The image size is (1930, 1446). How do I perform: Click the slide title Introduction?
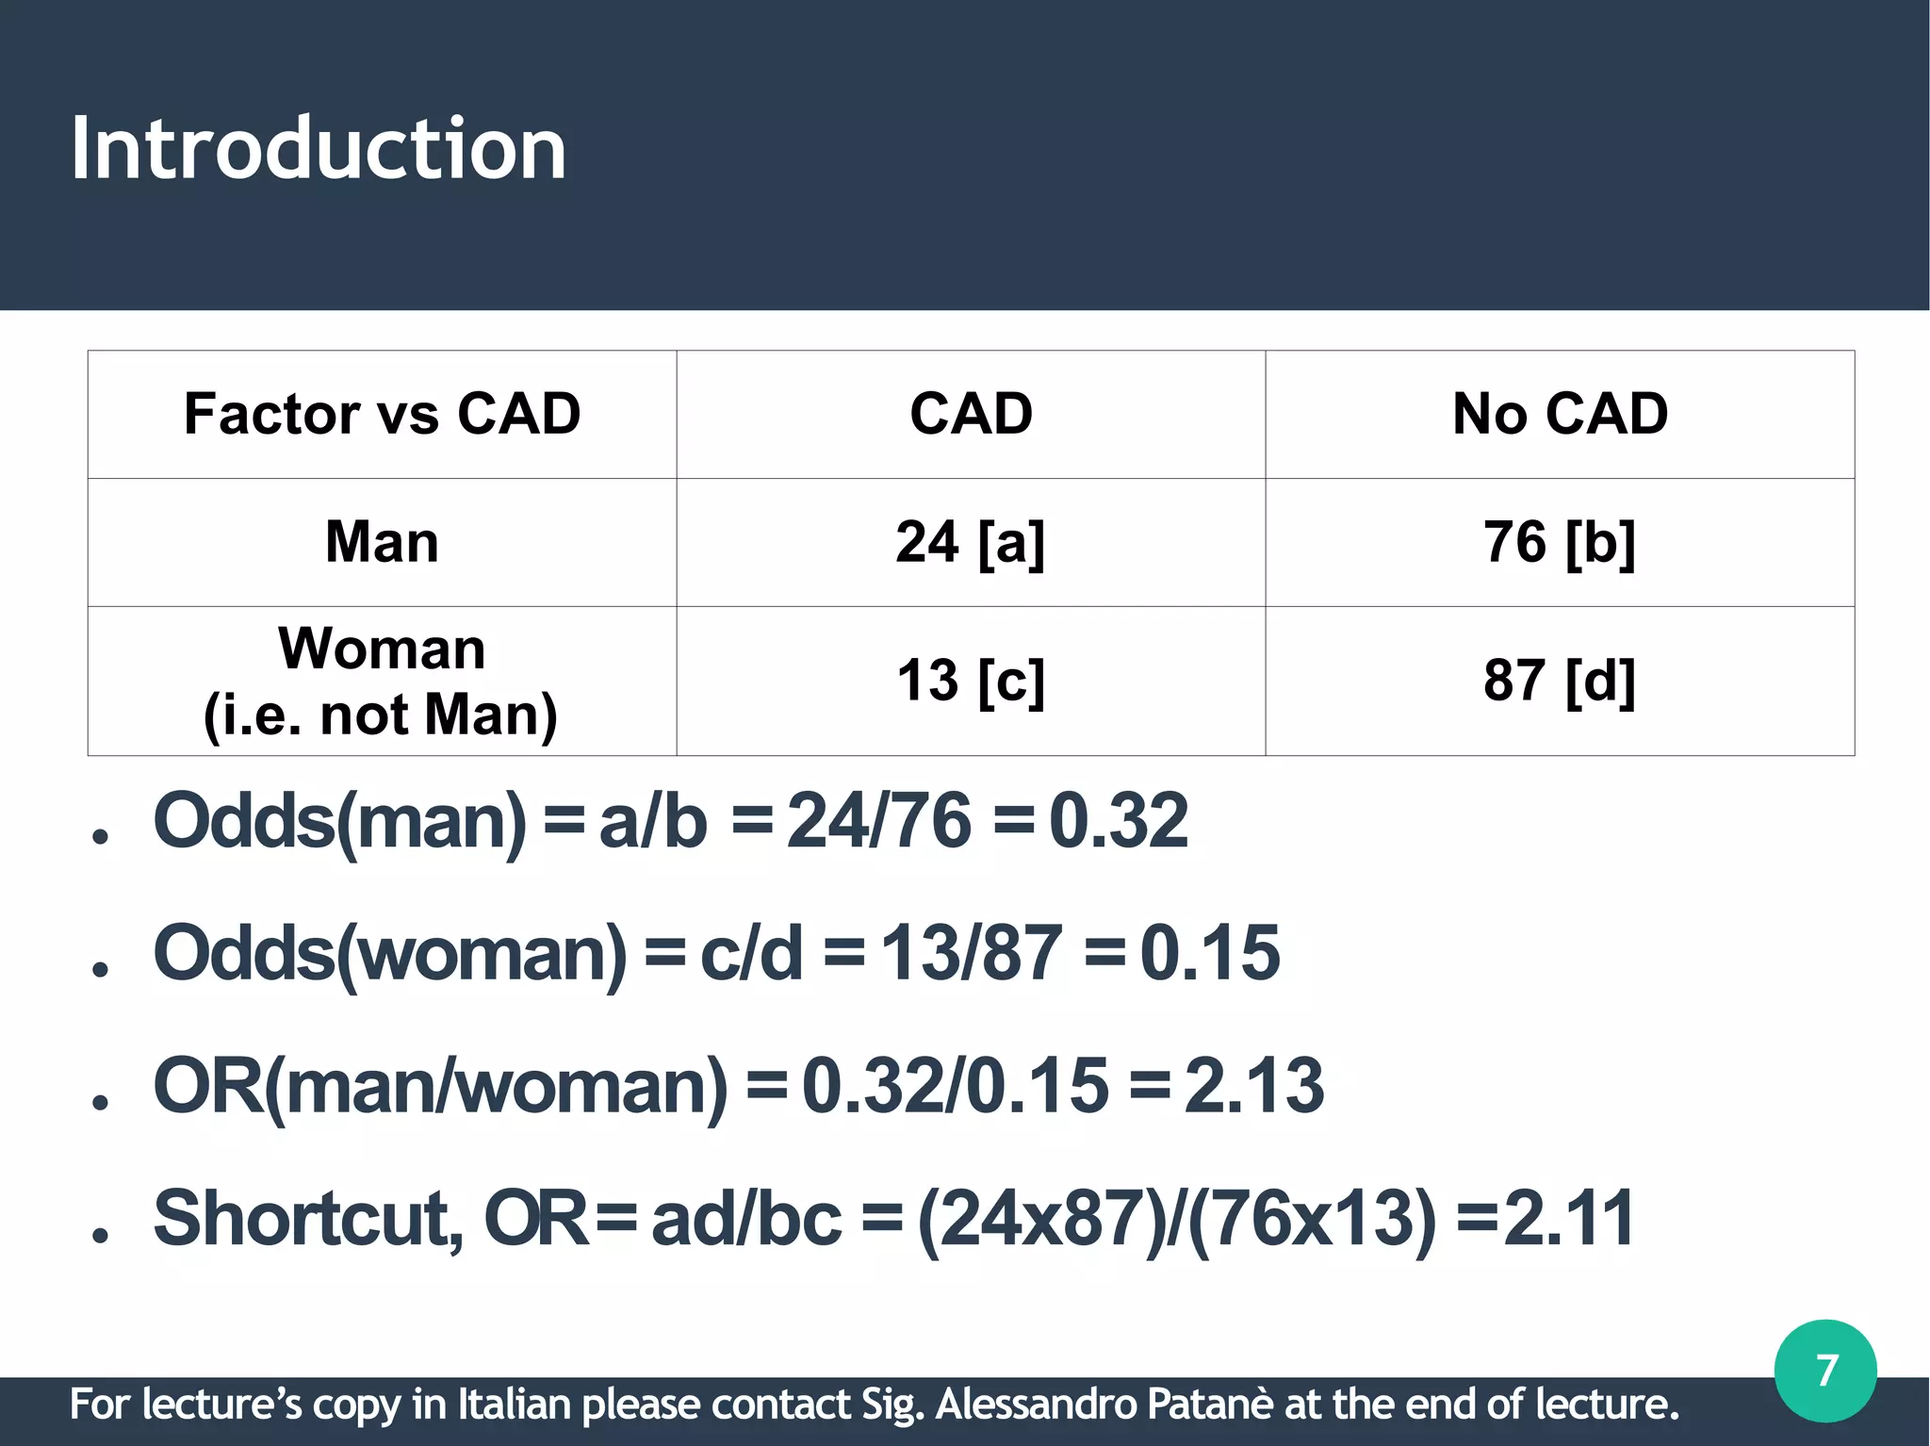319,148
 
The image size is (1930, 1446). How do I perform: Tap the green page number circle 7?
1824,1371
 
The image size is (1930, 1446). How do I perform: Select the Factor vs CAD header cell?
382,414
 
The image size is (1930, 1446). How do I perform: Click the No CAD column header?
1560,414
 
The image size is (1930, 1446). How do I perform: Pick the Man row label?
382,542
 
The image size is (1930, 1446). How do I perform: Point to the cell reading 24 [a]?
970,542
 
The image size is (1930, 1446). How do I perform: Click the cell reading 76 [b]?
1560,542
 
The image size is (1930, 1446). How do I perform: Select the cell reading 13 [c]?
970,680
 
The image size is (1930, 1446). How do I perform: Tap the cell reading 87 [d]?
1560,680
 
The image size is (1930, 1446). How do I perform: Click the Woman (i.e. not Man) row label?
382,681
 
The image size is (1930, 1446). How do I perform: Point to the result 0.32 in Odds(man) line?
1119,821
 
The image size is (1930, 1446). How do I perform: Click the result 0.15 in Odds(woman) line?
1210,953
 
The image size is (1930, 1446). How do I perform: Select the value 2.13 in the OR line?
1254,1086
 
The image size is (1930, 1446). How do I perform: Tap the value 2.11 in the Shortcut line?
1569,1219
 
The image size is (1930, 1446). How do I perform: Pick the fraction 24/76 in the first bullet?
878,821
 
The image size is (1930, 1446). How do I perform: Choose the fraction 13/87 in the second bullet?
971,953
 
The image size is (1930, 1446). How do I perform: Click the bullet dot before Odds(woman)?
101,969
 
